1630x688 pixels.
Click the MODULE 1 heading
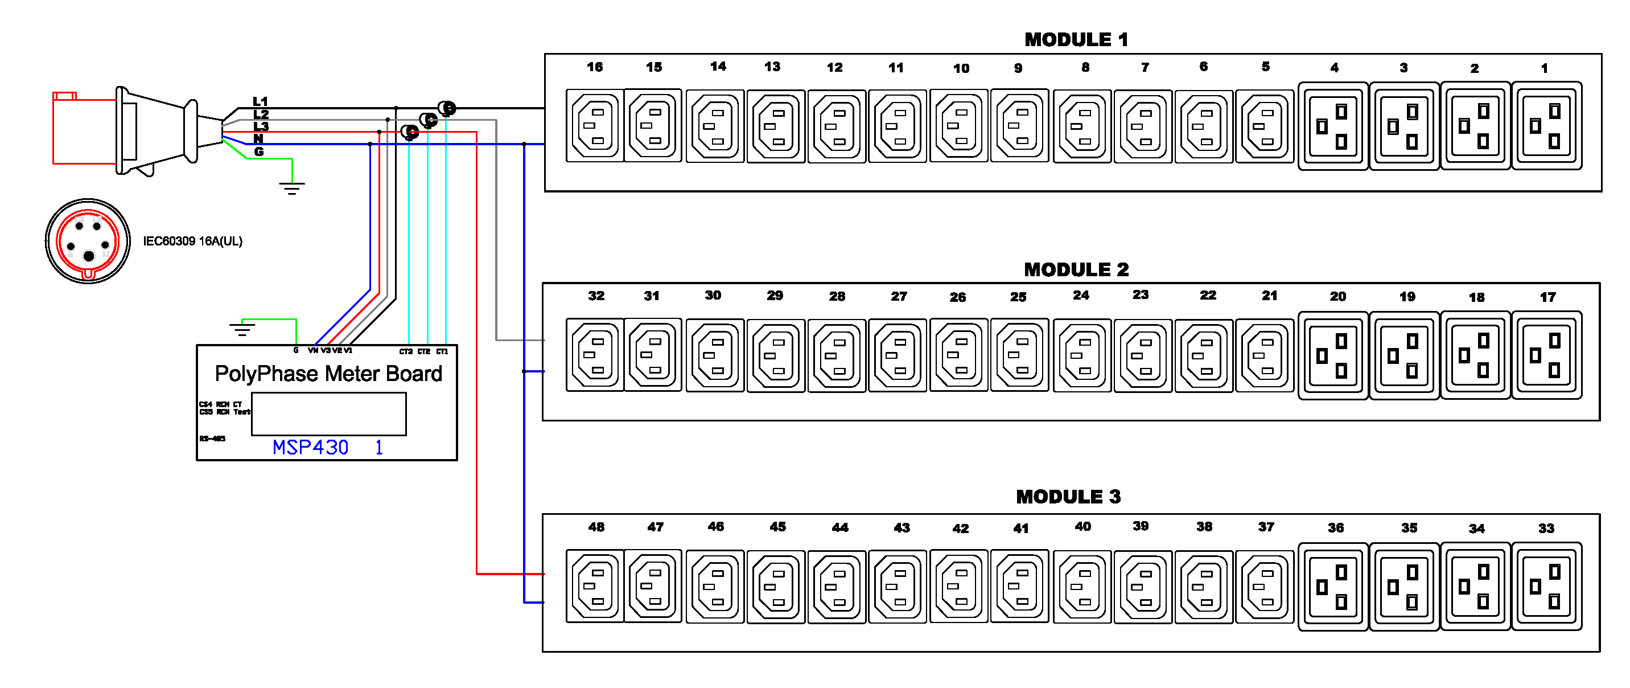click(1076, 39)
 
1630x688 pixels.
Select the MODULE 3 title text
click(1068, 496)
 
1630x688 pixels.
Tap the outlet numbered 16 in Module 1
click(594, 125)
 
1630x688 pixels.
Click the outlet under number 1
click(1546, 125)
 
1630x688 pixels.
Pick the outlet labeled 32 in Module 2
click(594, 355)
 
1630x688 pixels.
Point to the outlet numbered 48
click(594, 586)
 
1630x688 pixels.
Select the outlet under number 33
click(1546, 586)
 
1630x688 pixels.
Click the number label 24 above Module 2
click(1081, 296)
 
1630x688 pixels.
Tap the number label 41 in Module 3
click(1020, 528)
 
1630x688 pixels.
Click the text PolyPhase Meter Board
click(328, 374)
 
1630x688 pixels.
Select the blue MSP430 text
click(310, 448)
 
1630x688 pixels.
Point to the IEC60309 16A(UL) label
click(192, 241)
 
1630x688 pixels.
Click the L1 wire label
click(260, 101)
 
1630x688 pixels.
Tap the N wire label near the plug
click(258, 138)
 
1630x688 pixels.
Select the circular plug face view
click(88, 241)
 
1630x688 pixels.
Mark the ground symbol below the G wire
click(292, 188)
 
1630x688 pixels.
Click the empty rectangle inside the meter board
click(328, 414)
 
